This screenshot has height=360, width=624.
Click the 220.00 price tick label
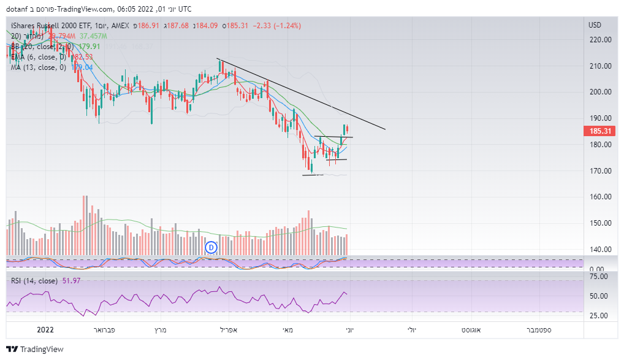tap(600, 39)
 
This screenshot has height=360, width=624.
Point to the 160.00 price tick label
tap(600, 197)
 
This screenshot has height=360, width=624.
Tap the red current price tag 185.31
tap(599, 131)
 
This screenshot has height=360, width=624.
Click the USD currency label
tap(595, 25)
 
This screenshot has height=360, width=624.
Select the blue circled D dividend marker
tap(211, 247)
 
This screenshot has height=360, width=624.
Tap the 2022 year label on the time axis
tap(46, 329)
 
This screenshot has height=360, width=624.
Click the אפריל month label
tap(230, 329)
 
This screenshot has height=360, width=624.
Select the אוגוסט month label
tap(473, 329)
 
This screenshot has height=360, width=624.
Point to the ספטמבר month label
tap(538, 329)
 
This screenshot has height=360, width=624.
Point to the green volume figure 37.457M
tap(94, 36)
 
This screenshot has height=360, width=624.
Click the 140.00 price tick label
tap(600, 250)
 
